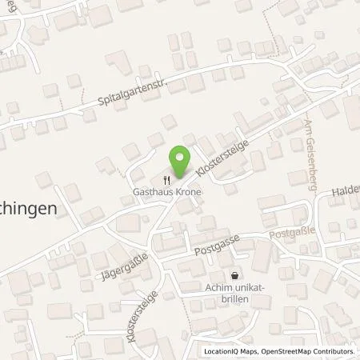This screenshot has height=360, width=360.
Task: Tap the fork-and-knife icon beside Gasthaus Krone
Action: click(x=167, y=181)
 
